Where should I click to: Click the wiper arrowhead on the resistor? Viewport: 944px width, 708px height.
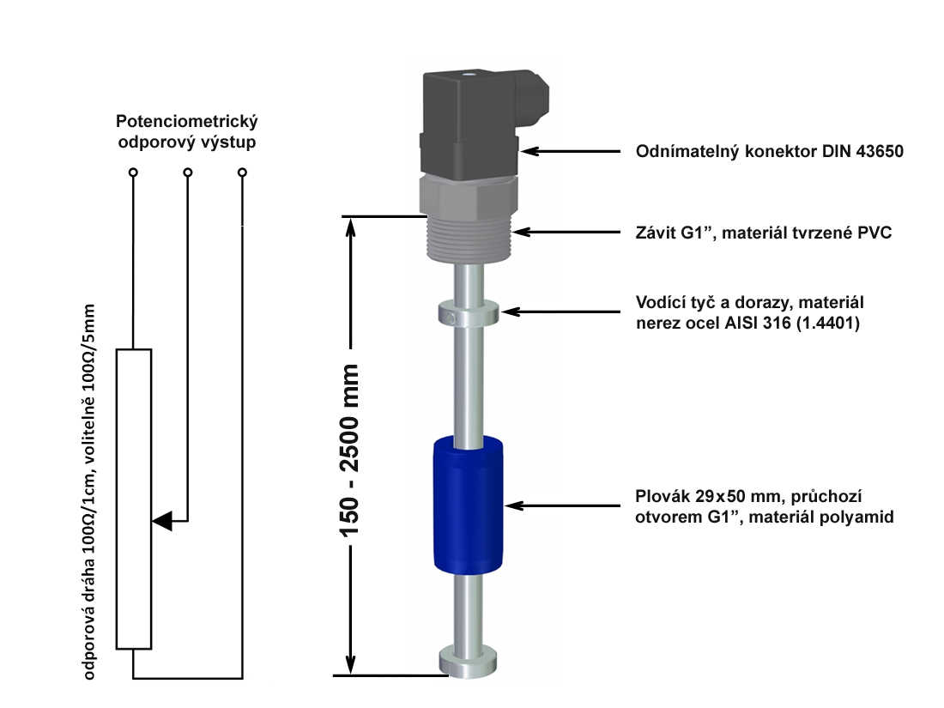(163, 519)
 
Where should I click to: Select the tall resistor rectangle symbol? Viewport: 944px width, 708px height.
(134, 498)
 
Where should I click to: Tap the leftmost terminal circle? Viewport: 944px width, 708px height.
(132, 173)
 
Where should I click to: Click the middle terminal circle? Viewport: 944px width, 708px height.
(188, 173)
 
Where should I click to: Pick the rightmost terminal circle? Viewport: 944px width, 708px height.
(243, 173)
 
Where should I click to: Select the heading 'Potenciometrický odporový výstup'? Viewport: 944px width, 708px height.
(187, 131)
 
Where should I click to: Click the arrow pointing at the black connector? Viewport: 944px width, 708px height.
(571, 151)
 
